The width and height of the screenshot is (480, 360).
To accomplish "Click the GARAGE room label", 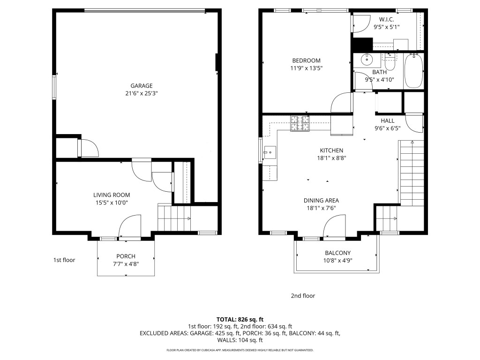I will click(x=141, y=86).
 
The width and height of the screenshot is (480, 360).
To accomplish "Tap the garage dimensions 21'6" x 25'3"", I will click(x=141, y=93).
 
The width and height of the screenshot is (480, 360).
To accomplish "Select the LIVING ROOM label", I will click(x=111, y=195).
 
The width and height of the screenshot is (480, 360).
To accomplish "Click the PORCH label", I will click(x=126, y=256).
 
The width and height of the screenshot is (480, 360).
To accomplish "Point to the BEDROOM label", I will click(x=306, y=60).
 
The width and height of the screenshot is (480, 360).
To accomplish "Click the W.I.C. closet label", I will click(x=386, y=20).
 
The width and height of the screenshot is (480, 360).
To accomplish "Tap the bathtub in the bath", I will click(x=413, y=71).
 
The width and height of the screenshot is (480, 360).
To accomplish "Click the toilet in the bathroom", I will click(x=390, y=62).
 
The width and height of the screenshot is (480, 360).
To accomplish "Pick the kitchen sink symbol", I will click(x=270, y=151).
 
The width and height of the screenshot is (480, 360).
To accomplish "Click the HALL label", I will click(x=387, y=120).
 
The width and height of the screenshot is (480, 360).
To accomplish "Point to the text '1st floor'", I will click(x=64, y=260).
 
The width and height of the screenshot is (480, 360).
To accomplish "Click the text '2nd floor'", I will click(x=303, y=296).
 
